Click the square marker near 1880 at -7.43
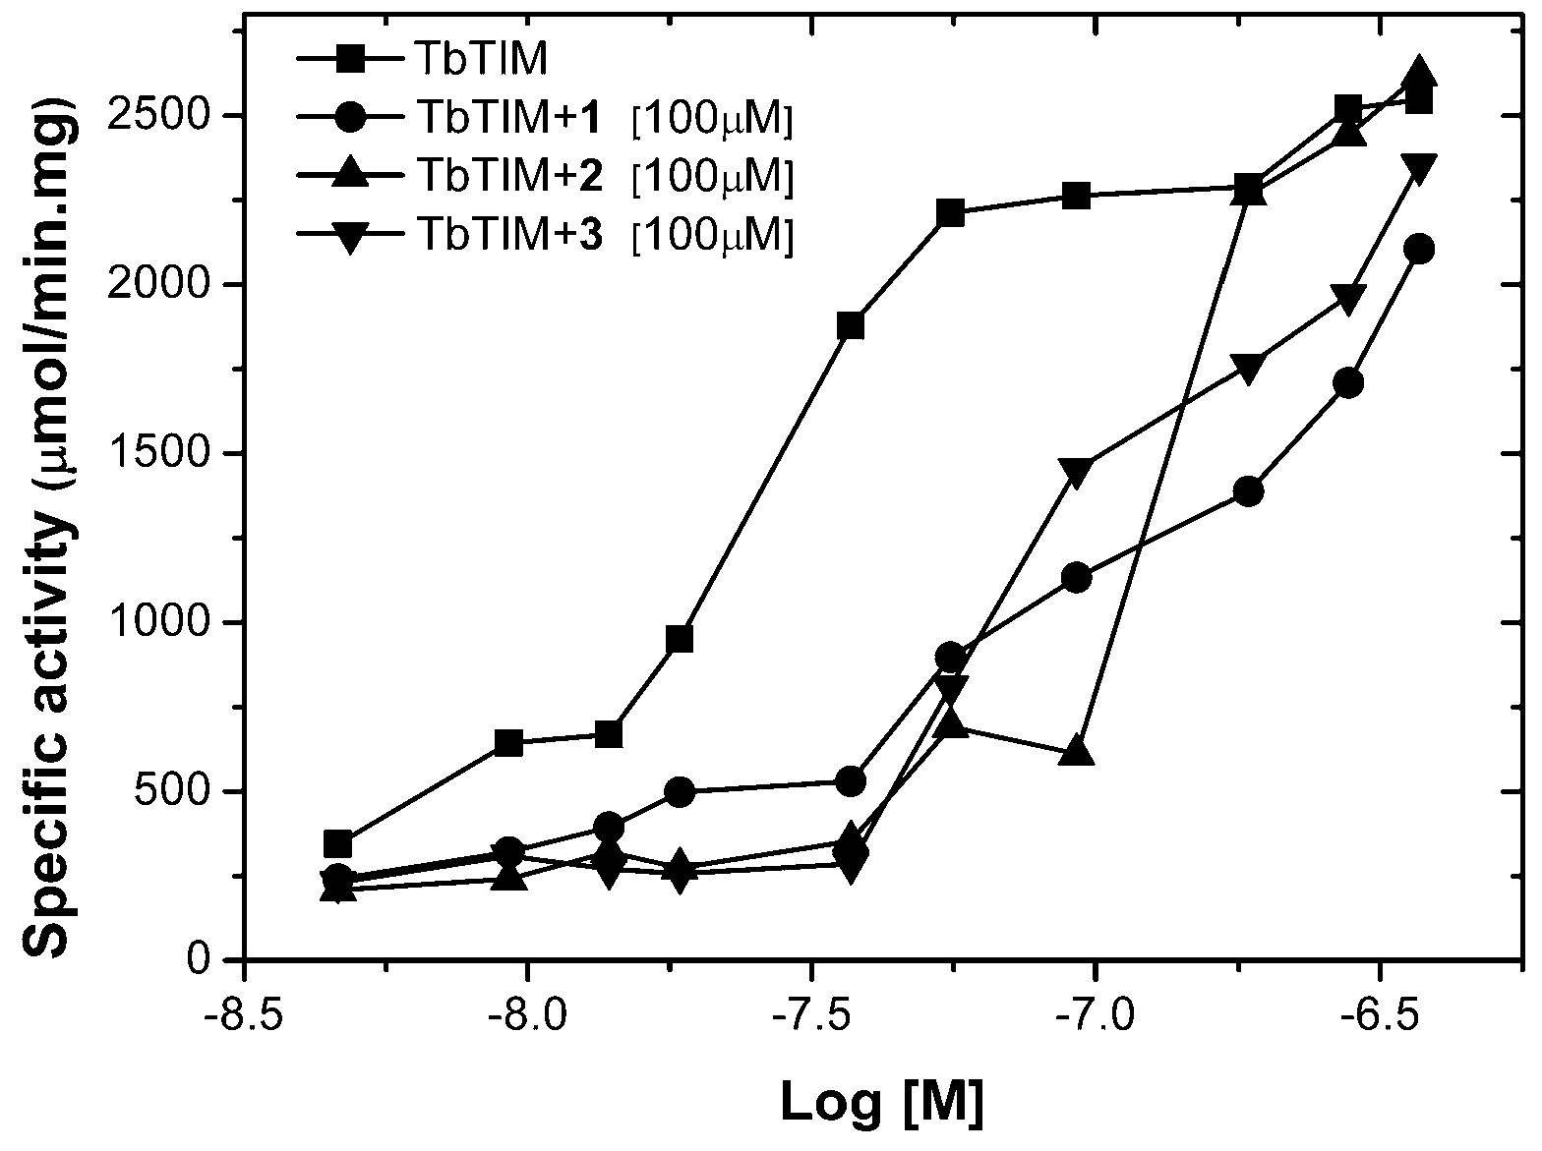coord(851,325)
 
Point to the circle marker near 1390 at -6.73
coord(1248,490)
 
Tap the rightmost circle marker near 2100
coord(1418,250)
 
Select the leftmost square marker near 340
coord(337,843)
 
